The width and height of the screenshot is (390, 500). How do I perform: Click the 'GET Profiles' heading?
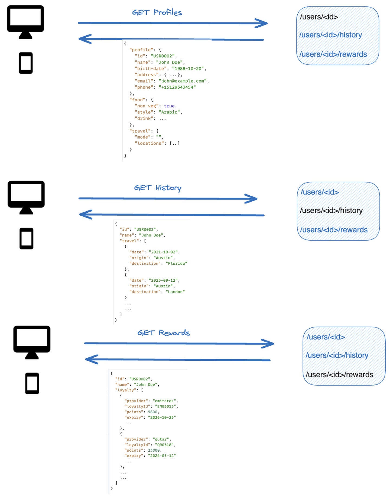pos(157,12)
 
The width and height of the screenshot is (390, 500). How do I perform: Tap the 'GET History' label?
pos(158,188)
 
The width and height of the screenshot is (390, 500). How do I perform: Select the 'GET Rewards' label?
pos(164,333)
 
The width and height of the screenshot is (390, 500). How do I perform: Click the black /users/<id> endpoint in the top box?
pos(319,17)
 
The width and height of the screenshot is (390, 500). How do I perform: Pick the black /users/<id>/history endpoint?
pos(331,210)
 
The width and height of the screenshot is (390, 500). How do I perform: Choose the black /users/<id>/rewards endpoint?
pos(339,374)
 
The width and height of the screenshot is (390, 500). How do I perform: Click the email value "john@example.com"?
pos(183,81)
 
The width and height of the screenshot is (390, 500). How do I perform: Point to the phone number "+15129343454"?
pos(177,87)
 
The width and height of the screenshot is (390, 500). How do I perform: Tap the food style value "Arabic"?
pos(170,112)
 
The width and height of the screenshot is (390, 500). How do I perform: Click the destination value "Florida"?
pos(176,263)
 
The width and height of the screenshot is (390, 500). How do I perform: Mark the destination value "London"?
pos(175,292)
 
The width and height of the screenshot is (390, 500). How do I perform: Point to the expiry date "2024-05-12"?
pos(162,456)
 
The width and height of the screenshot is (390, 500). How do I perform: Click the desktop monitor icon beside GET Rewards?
pos(32,342)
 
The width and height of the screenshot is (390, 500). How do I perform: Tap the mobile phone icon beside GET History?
pos(26,239)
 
